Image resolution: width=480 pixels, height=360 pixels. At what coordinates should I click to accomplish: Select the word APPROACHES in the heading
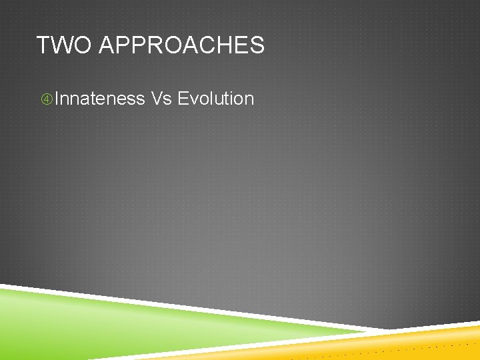click(x=181, y=45)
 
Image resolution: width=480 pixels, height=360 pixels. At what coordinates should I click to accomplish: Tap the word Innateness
click(x=100, y=99)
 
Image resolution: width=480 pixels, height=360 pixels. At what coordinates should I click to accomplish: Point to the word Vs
click(x=161, y=99)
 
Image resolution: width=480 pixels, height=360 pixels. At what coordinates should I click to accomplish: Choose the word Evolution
click(x=216, y=99)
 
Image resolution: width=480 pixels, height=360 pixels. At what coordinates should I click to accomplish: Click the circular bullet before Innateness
click(x=47, y=99)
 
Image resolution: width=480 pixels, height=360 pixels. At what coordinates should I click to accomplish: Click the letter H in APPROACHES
click(x=221, y=45)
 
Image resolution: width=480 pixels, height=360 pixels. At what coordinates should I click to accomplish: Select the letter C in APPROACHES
click(x=204, y=45)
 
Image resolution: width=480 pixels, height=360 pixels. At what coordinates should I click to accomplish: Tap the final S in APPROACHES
click(x=257, y=45)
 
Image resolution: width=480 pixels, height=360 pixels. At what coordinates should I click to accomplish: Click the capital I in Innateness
click(x=58, y=99)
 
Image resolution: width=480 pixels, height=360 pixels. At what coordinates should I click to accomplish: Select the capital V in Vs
click(x=157, y=99)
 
